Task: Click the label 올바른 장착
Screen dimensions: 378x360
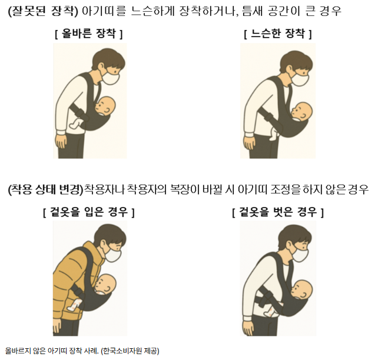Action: (x=89, y=34)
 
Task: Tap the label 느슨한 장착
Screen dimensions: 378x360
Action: (x=278, y=34)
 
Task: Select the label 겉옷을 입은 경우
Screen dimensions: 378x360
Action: (x=89, y=212)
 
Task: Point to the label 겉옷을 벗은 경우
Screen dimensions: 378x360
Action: (x=278, y=212)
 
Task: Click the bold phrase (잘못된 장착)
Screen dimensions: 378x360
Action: (x=44, y=11)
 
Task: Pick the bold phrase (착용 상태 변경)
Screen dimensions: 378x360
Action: (x=46, y=190)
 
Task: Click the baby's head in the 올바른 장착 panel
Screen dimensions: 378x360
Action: (x=105, y=106)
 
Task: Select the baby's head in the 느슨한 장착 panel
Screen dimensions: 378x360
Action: (x=302, y=112)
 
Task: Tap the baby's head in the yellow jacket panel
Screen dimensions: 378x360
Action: (x=105, y=284)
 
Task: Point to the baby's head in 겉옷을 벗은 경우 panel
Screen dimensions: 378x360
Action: (x=301, y=289)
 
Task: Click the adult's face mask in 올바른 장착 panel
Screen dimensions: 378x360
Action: (x=110, y=78)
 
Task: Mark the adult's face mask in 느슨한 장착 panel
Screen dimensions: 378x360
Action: (x=300, y=79)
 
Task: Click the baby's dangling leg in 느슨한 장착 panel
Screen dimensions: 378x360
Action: (x=274, y=134)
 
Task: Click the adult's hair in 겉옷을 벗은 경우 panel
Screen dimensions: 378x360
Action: (x=296, y=235)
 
